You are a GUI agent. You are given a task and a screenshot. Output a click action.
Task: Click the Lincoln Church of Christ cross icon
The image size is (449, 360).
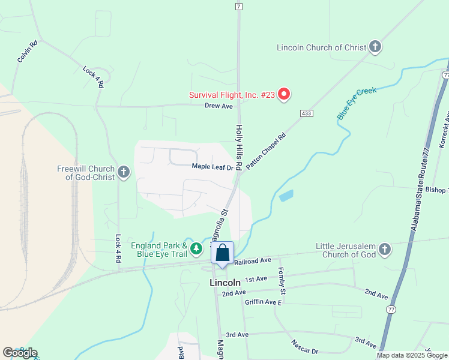[x=375, y=47]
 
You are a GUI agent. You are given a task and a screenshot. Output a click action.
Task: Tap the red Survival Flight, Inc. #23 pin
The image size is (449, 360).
[x=284, y=94]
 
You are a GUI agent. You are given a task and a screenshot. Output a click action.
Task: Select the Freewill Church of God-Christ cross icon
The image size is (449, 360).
[x=124, y=173]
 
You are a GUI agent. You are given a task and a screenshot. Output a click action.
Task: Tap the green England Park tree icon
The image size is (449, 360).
[x=196, y=248]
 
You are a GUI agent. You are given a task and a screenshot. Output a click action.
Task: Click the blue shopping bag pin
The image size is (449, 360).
[x=222, y=254]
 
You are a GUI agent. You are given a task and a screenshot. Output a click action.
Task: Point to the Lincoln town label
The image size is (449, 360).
[x=225, y=282]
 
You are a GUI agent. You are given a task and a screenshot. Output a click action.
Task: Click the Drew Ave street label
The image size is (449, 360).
[x=218, y=106]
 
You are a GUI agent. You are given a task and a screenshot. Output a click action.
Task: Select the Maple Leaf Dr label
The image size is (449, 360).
[x=212, y=167]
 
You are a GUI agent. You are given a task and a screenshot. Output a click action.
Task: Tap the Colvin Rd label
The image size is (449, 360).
[x=28, y=52]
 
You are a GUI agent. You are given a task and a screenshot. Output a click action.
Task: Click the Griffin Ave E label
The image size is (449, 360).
[x=263, y=302]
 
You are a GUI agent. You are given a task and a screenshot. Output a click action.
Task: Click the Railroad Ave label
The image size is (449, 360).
[x=253, y=262]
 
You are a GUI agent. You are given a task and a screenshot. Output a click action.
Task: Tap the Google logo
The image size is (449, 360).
[x=20, y=353]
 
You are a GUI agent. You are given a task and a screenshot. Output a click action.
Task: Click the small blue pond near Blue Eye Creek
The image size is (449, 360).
[x=286, y=196]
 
